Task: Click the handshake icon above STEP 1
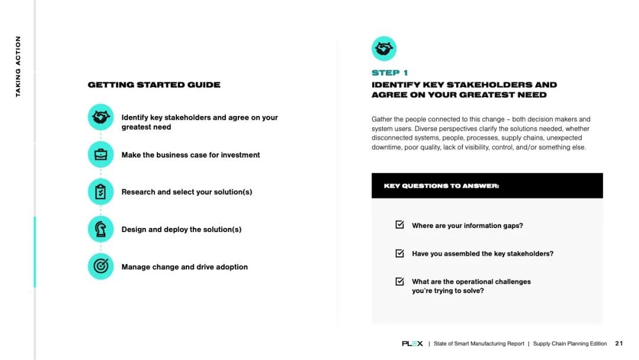[384, 49]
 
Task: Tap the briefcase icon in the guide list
[101, 155]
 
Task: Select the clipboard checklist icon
[101, 192]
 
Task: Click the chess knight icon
[101, 229]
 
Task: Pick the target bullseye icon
[101, 266]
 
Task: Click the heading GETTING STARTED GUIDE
[154, 85]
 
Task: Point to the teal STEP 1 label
[389, 73]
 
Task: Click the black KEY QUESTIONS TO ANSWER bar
[487, 185]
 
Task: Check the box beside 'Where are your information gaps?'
[400, 225]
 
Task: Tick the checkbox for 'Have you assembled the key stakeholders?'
[400, 253]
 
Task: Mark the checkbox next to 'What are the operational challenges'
[400, 282]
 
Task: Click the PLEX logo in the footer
[412, 343]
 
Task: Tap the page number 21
[619, 343]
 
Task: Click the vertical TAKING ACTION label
[18, 66]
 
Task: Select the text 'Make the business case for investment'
[191, 155]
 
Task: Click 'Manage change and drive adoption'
[185, 267]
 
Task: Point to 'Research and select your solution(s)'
[186, 192]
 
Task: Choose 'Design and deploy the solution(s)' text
[181, 230]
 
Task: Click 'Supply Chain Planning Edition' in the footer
[570, 343]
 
